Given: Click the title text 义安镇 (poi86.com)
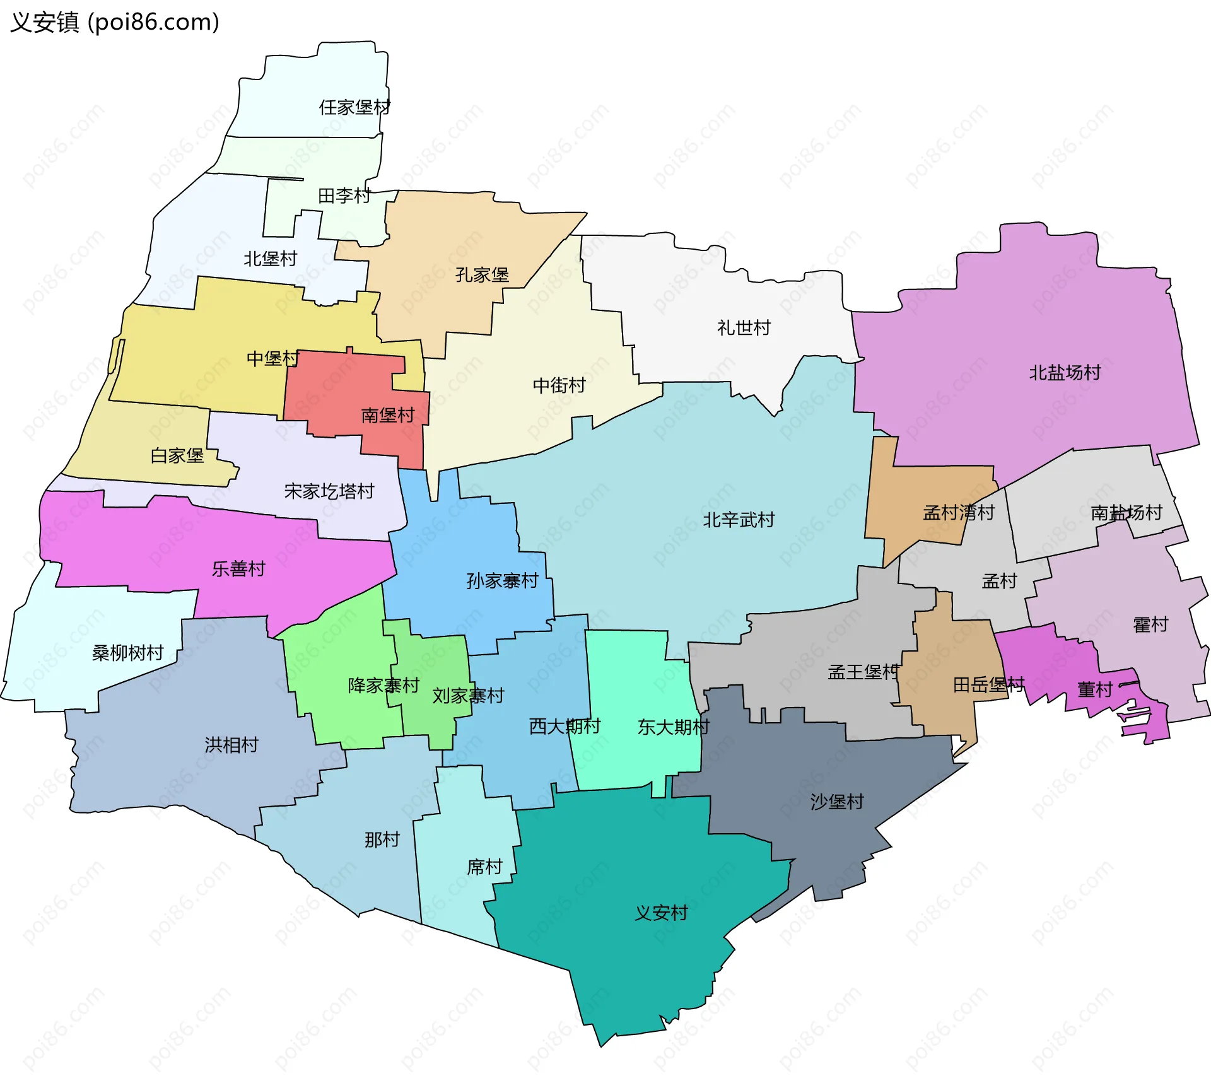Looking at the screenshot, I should [115, 22].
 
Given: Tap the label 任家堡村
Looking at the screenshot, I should [354, 107].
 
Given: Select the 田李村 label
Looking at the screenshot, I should [344, 196].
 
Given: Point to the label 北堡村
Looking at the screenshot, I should [270, 259].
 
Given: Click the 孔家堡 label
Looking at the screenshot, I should [482, 275].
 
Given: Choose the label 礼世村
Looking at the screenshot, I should [744, 328].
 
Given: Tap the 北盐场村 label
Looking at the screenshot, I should [1065, 373].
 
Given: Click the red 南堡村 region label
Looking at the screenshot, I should [387, 415].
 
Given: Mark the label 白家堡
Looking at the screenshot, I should [177, 455].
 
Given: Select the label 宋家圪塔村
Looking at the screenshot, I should [329, 491].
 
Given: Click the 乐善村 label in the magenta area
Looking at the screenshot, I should [238, 569].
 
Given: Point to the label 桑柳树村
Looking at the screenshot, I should [128, 653].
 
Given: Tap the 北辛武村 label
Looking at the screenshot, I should [739, 520].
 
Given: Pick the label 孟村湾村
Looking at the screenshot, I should [959, 512].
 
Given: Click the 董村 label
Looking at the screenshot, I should [1094, 690].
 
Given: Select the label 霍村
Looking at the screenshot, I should [1150, 625].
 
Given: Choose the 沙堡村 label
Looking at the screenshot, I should [837, 802].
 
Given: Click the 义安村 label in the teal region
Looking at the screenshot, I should [661, 913].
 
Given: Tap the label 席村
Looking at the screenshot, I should [484, 867].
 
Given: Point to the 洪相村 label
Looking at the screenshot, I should [231, 745].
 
